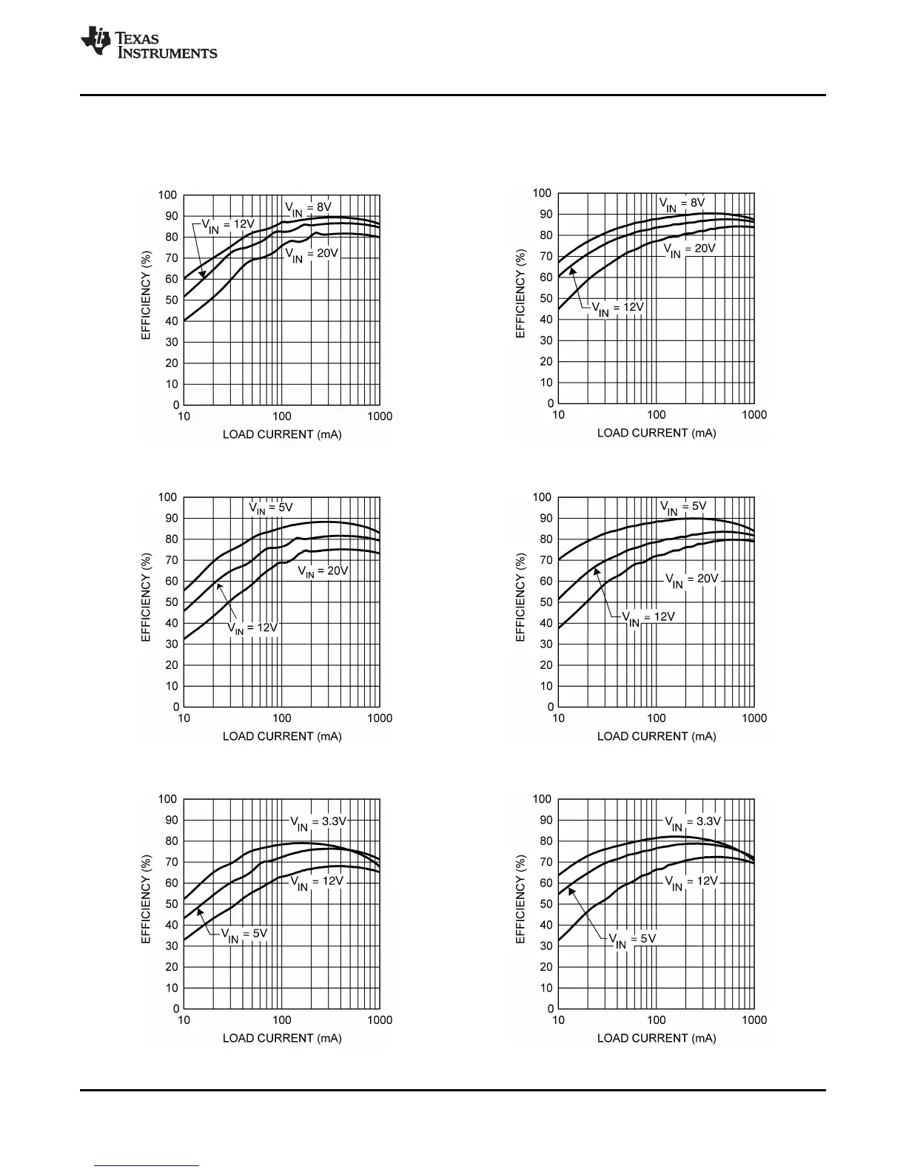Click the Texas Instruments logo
point(148,43)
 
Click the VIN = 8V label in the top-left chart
point(309,207)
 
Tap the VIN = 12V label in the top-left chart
point(228,225)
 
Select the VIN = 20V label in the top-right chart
point(689,249)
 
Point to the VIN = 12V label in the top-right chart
point(617,308)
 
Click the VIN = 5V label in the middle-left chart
point(271,509)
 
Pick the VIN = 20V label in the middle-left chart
point(323,571)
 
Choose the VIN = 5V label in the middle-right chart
point(683,508)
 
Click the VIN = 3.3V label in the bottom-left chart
point(318,823)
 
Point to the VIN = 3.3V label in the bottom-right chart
point(692,823)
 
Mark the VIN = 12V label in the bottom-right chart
point(691,883)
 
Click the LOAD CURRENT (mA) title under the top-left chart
point(282,434)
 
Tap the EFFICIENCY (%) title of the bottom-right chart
point(520,899)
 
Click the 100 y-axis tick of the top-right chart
point(543,194)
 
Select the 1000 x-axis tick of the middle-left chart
point(380,718)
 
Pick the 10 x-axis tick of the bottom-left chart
point(184,1020)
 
